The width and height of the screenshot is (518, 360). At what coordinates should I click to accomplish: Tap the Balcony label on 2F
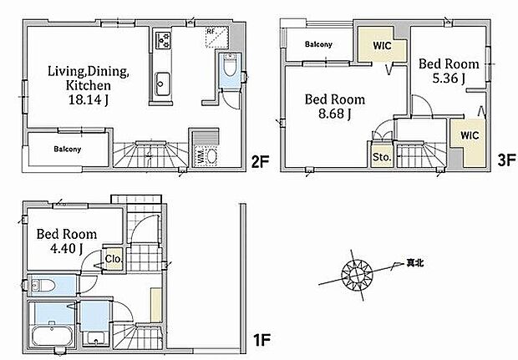(69, 150)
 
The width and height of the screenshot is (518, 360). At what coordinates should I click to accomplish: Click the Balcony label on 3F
(319, 44)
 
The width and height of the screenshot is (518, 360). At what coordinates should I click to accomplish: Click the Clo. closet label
(114, 260)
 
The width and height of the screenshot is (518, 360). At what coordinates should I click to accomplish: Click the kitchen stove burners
(161, 40)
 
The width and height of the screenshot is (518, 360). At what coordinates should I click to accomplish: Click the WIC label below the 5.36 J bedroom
(469, 134)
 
